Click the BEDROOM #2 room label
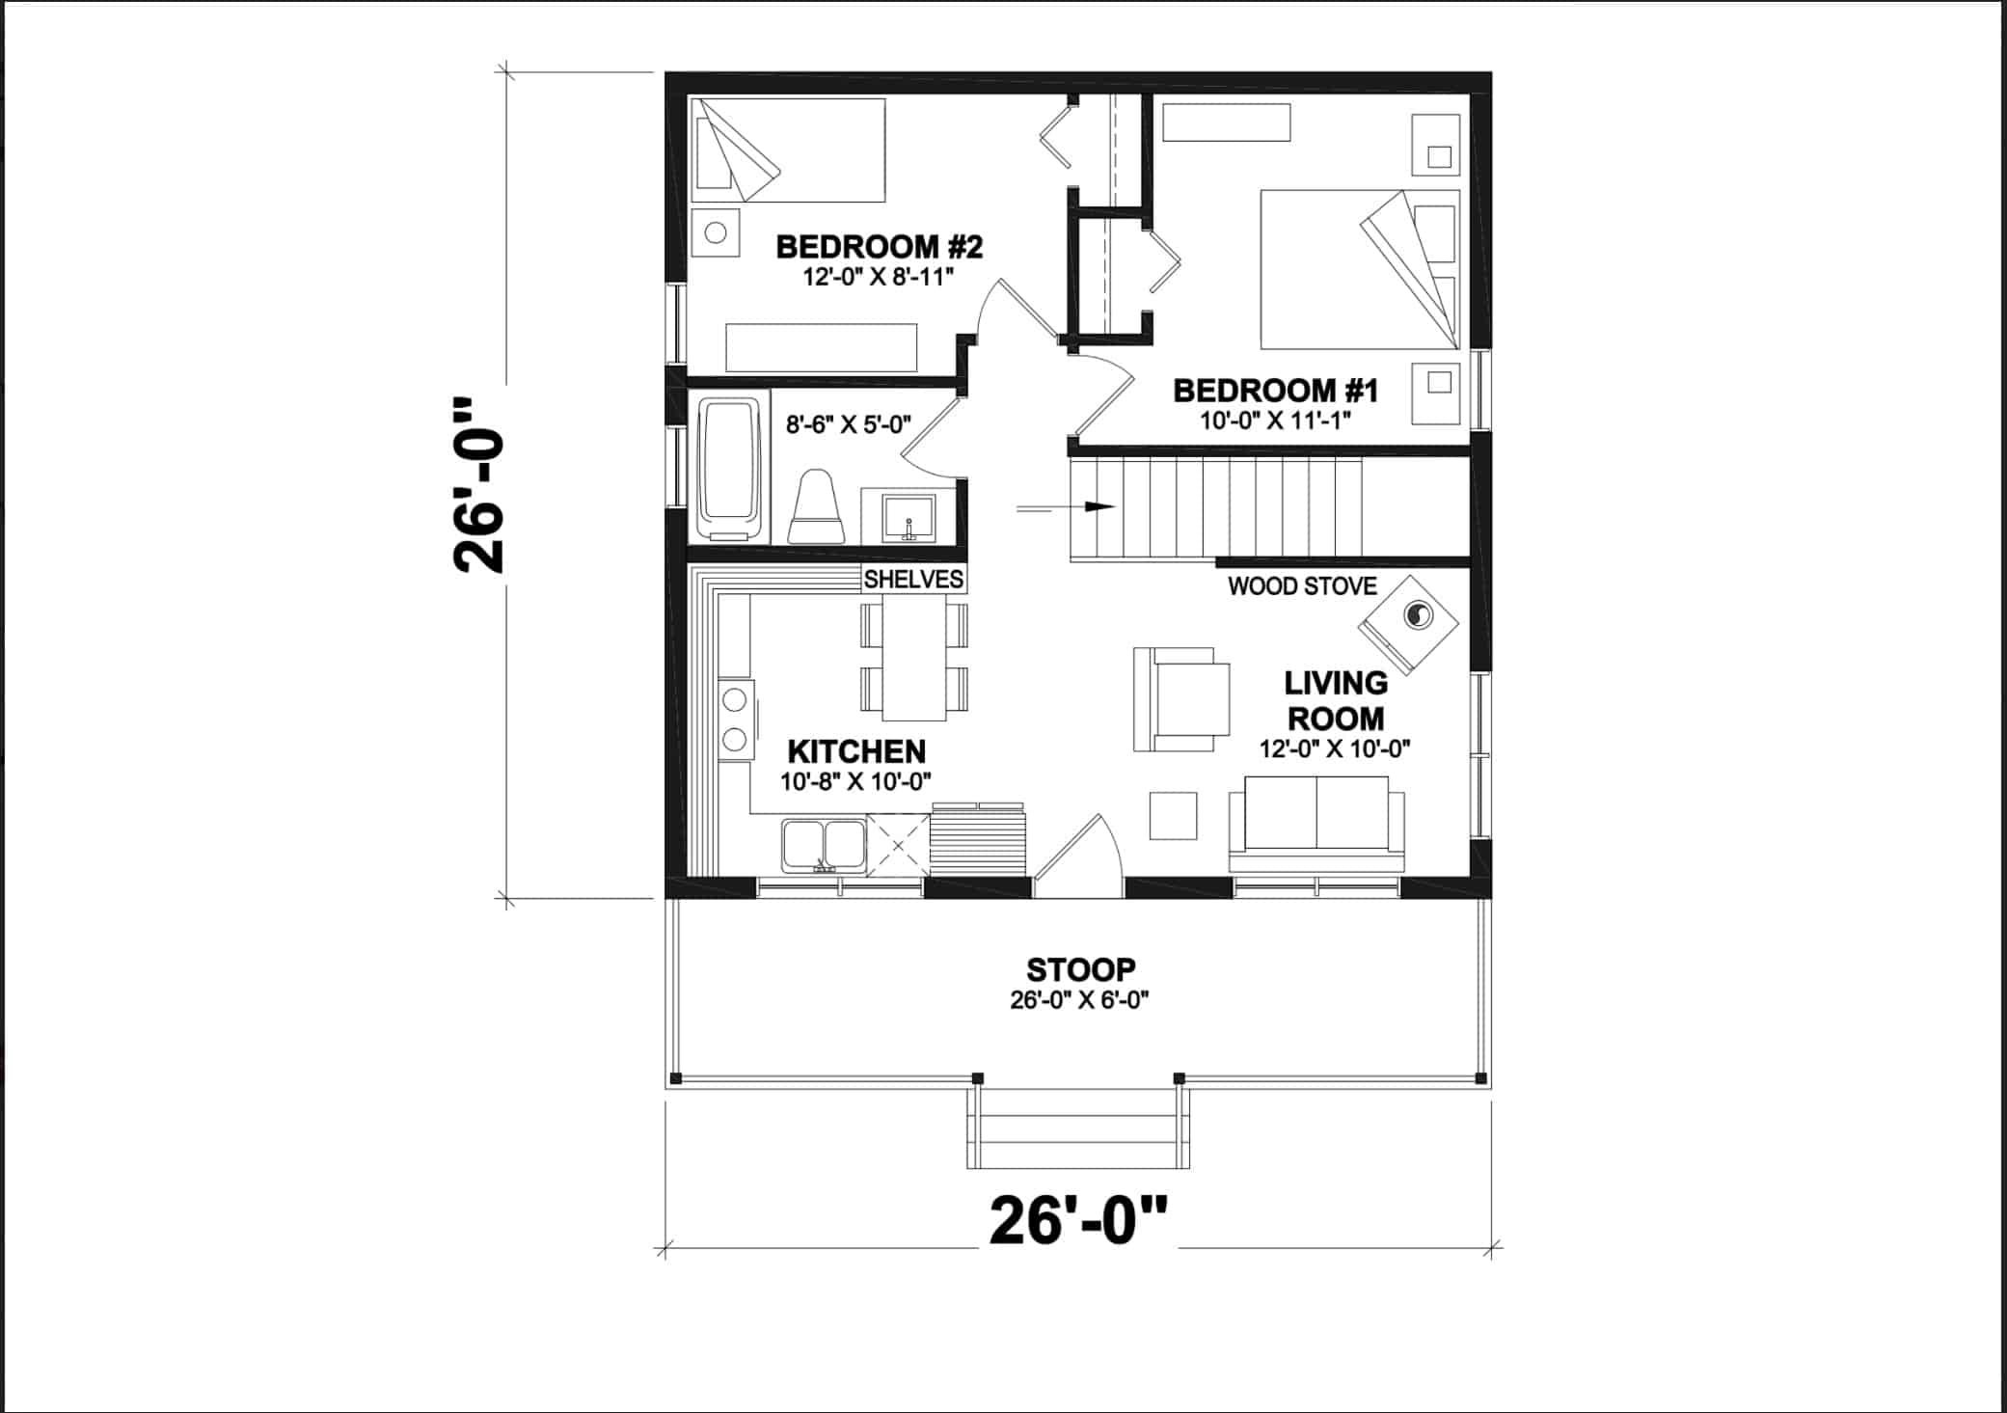[879, 248]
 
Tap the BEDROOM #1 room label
[1275, 391]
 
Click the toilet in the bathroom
[817, 507]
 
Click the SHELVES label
[912, 579]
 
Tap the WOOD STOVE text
[1301, 585]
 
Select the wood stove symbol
[1409, 623]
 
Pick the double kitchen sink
[824, 845]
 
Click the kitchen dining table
[914, 657]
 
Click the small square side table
[1173, 815]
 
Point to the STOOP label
[1080, 968]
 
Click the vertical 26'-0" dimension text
[479, 484]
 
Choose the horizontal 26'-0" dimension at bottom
[1077, 1221]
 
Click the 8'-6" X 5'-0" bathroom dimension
[848, 424]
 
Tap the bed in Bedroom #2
[790, 149]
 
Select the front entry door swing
[1078, 853]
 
